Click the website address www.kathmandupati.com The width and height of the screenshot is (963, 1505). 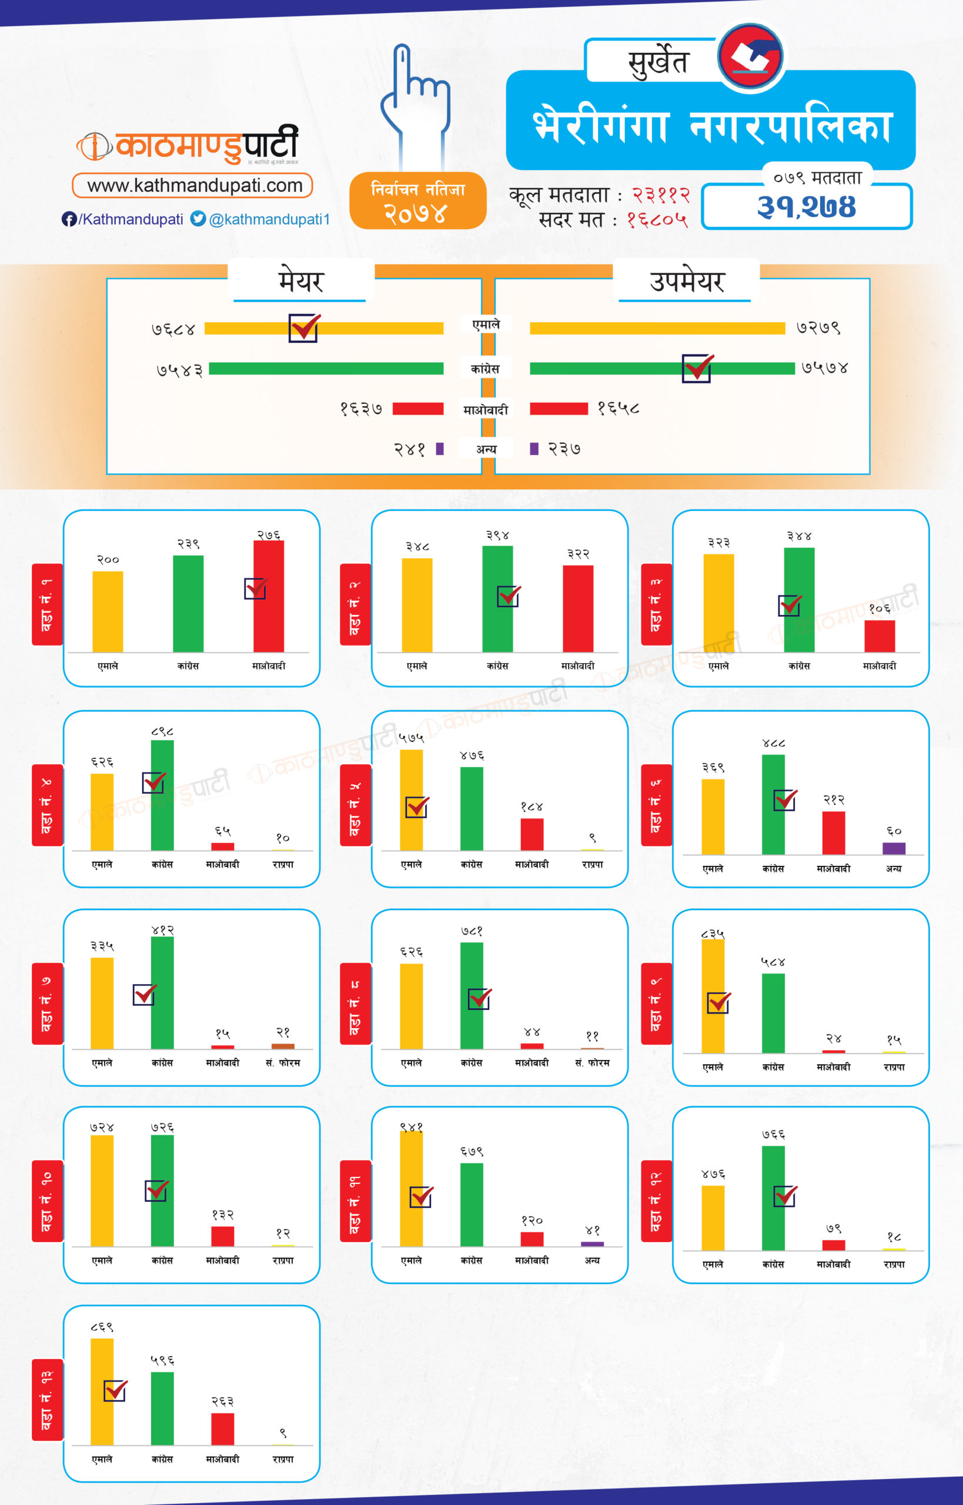click(194, 185)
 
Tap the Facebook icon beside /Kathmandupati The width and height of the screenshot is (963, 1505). click(69, 219)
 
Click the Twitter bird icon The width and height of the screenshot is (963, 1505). click(198, 218)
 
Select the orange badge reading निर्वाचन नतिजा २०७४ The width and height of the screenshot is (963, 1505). click(418, 200)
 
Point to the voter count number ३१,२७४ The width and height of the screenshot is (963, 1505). click(806, 207)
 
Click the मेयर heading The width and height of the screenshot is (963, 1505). click(301, 282)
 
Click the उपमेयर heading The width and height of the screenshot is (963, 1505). click(687, 282)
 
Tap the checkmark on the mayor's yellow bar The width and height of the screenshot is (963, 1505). click(304, 327)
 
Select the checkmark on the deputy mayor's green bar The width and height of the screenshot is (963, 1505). click(697, 367)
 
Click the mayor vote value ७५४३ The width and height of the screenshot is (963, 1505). click(180, 370)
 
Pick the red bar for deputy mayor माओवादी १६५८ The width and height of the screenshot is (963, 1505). click(559, 409)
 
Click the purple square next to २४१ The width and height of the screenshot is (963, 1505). click(440, 449)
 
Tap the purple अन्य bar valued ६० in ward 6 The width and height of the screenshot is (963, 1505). click(894, 848)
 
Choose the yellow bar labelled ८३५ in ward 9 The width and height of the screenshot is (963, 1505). click(713, 995)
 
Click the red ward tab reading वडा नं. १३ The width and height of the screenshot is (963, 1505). click(48, 1399)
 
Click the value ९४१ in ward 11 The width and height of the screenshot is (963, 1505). click(411, 1127)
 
